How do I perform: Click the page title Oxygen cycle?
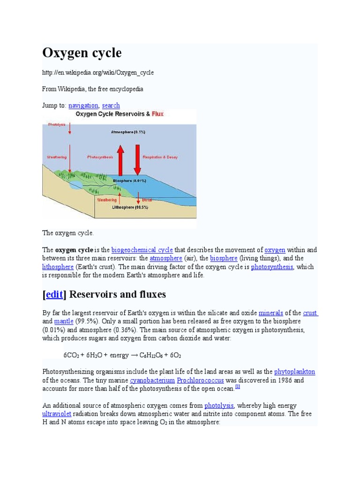point(82,53)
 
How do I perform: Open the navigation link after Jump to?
point(83,105)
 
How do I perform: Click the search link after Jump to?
point(111,105)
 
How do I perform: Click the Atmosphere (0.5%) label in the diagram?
point(128,132)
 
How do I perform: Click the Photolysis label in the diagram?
point(57,124)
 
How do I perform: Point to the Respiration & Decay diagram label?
point(160,157)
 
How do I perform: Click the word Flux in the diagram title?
point(157,114)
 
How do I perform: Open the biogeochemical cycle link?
point(142,250)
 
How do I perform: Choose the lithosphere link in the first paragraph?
point(59,267)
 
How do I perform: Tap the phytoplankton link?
point(294,372)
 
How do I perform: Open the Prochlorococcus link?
point(201,380)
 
